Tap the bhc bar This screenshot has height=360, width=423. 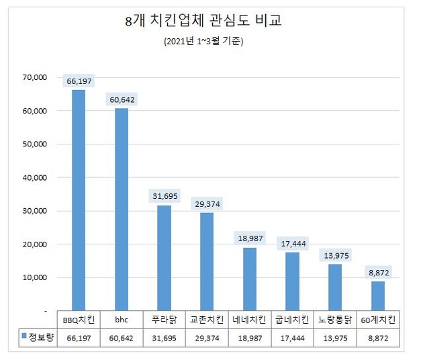click(x=122, y=209)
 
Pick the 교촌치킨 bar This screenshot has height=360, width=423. click(x=207, y=261)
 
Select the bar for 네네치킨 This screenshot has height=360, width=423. click(x=249, y=279)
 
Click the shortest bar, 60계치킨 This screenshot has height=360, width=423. click(x=377, y=296)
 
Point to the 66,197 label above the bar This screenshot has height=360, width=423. click(x=79, y=81)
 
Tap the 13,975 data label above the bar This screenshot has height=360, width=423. click(x=334, y=255)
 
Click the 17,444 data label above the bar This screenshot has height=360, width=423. click(x=292, y=243)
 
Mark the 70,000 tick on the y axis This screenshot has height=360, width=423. click(x=32, y=77)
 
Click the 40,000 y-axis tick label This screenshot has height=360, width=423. click(x=32, y=177)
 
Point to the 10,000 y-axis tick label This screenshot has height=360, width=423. click(x=32, y=277)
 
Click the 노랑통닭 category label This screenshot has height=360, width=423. click(x=334, y=320)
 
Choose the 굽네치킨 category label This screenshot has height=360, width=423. click(x=292, y=320)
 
